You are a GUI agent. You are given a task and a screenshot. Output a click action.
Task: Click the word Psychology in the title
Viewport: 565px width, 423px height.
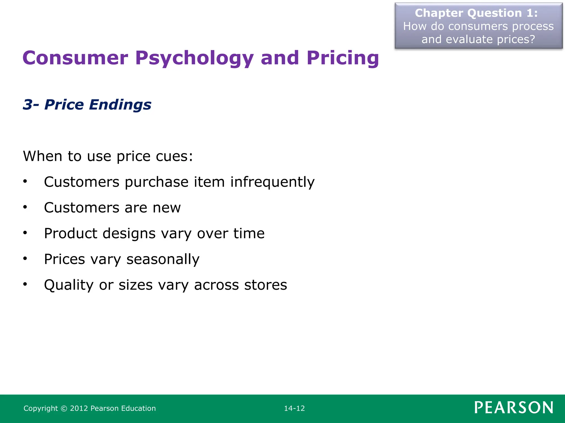click(194, 58)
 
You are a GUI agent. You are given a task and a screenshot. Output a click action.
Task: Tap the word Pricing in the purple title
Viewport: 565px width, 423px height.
click(343, 58)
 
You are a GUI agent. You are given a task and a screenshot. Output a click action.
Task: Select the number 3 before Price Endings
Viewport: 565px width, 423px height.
click(28, 105)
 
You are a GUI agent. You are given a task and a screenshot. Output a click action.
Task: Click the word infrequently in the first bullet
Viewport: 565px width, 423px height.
click(272, 182)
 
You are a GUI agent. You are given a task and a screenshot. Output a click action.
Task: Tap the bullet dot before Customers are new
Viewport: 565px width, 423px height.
click(25, 207)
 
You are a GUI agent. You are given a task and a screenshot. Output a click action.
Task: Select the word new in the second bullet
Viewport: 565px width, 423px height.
click(167, 208)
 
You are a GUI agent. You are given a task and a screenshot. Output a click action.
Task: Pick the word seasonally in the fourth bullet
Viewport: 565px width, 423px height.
click(163, 259)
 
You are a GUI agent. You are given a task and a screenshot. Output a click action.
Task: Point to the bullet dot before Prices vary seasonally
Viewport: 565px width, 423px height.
click(25, 259)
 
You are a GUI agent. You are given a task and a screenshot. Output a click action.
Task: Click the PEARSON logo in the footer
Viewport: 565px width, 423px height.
click(514, 408)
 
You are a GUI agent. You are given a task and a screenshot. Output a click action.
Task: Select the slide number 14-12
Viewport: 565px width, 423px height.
click(294, 408)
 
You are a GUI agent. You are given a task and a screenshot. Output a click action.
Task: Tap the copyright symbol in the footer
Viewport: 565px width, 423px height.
click(64, 408)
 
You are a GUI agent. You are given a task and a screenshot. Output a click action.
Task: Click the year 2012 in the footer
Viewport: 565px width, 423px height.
click(79, 408)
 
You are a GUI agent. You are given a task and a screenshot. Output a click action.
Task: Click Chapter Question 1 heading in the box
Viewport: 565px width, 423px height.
click(476, 13)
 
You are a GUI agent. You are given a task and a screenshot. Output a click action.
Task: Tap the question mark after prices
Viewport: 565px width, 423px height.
click(532, 39)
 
